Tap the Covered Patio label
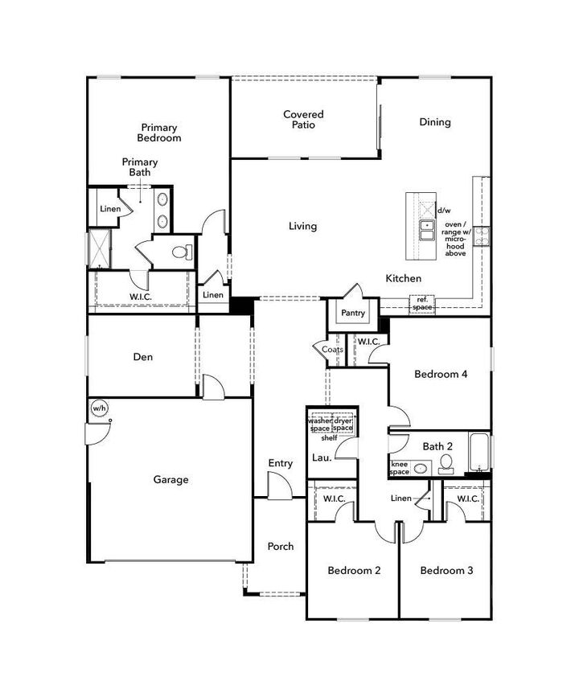[303, 120]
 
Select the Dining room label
[434, 122]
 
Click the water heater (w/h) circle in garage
[99, 408]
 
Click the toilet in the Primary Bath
[181, 253]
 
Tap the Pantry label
[352, 314]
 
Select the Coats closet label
[332, 350]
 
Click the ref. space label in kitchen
[422, 304]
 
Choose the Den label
[143, 357]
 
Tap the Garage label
[170, 480]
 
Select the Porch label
[280, 547]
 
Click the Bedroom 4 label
[441, 374]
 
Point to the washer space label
[320, 424]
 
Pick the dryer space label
[343, 424]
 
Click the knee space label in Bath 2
[400, 468]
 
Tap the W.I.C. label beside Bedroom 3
[468, 499]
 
